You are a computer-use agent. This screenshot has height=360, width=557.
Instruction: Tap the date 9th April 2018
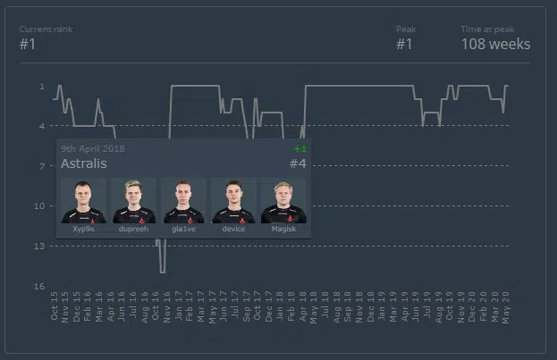(x=93, y=148)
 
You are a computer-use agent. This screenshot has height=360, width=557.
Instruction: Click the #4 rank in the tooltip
(x=298, y=163)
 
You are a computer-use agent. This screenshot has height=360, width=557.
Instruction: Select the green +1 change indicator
(x=300, y=148)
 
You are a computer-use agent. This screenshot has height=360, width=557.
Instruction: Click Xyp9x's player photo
(x=83, y=200)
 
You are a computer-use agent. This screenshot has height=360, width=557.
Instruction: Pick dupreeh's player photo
(x=133, y=200)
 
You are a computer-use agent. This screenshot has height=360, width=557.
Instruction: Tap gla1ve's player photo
(x=183, y=200)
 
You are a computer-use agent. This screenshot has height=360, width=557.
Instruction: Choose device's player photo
(x=233, y=200)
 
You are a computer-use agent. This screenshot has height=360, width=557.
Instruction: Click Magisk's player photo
(x=283, y=200)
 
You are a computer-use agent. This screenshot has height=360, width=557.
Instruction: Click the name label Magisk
(x=283, y=230)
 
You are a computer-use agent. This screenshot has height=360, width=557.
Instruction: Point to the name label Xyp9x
(x=83, y=230)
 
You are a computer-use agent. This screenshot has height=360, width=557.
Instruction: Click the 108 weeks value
(x=495, y=44)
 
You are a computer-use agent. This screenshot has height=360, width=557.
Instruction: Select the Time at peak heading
(x=487, y=29)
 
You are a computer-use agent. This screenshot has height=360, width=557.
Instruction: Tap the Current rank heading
(x=46, y=29)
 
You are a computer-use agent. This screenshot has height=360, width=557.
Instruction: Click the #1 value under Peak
(x=404, y=44)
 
